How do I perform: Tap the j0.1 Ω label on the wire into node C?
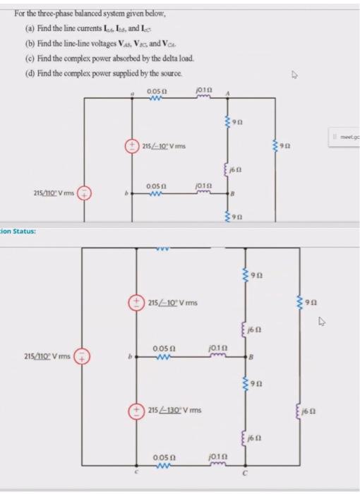pos(217,459)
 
